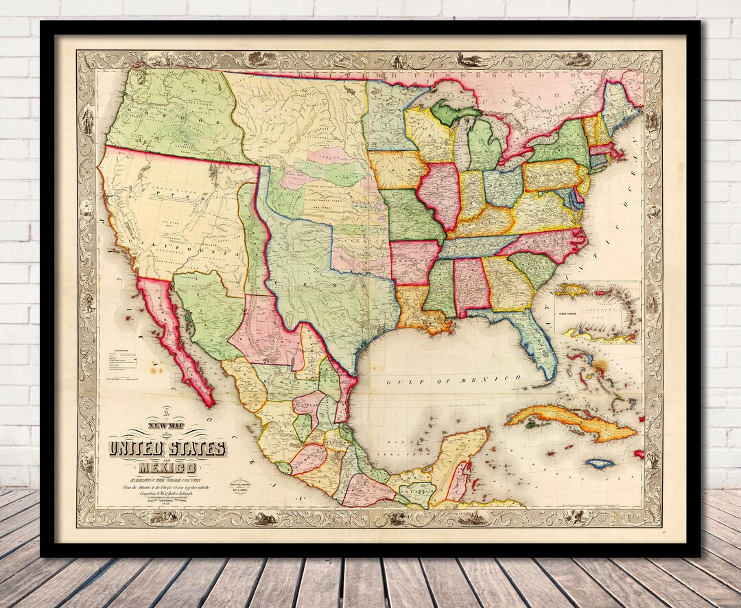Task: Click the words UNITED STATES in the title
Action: click(x=166, y=449)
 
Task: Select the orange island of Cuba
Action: click(x=569, y=422)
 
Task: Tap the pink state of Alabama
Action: click(x=471, y=285)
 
